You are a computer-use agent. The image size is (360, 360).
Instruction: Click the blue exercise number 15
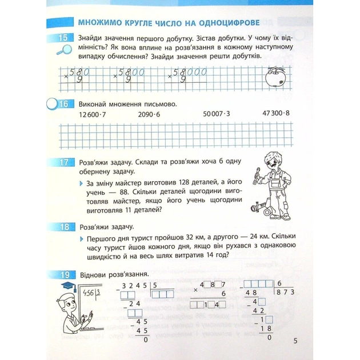point(61,38)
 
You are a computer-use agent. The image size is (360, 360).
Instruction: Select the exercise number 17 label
point(62,163)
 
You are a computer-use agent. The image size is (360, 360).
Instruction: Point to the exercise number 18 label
point(62,226)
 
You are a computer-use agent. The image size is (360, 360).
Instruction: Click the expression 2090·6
point(150,115)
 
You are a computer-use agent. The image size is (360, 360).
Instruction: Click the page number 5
point(295,341)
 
